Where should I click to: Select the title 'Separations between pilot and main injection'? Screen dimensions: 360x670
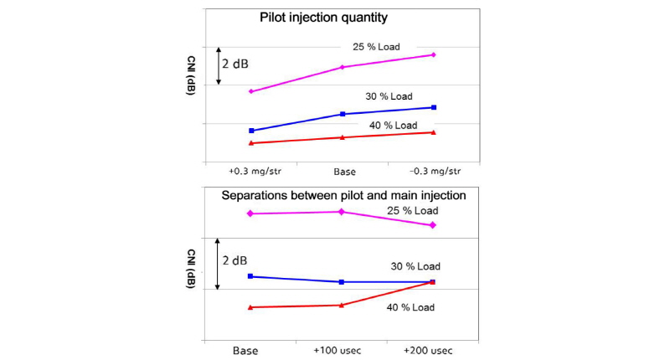coord(343,195)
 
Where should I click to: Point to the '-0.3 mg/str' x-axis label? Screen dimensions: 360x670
coord(433,171)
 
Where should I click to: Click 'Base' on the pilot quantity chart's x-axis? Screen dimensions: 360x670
coord(343,171)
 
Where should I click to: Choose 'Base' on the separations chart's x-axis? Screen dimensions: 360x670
coord(245,350)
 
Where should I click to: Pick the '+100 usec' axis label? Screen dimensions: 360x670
coord(341,350)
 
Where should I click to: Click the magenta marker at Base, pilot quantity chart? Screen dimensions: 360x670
coord(342,67)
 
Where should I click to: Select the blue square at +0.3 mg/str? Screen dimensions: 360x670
coord(251,131)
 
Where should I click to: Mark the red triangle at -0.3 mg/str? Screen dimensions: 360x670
coord(433,132)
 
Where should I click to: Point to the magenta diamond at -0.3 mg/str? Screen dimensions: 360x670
coord(433,54)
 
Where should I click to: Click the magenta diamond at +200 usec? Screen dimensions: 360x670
coord(433,225)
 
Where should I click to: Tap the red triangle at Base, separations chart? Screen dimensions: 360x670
coord(251,307)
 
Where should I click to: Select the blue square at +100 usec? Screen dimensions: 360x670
coord(342,282)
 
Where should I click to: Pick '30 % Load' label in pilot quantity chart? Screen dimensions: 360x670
coord(389,95)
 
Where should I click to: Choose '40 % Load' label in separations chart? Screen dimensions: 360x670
coord(409,307)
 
